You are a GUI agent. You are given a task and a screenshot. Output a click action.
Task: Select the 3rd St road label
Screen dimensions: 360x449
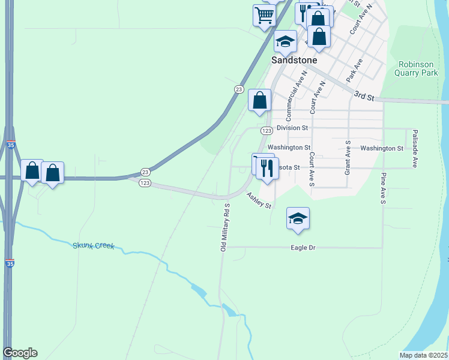364,95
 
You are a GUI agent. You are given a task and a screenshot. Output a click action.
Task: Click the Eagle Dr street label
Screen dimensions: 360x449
303,247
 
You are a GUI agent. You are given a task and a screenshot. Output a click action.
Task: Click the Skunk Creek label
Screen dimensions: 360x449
93,246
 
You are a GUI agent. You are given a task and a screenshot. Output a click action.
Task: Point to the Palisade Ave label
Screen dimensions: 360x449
414,148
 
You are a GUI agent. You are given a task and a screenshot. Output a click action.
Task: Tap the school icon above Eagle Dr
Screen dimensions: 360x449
298,218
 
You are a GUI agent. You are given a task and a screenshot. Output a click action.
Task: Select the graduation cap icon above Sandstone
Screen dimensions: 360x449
286,41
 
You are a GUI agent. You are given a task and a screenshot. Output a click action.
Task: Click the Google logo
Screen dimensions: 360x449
20,353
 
